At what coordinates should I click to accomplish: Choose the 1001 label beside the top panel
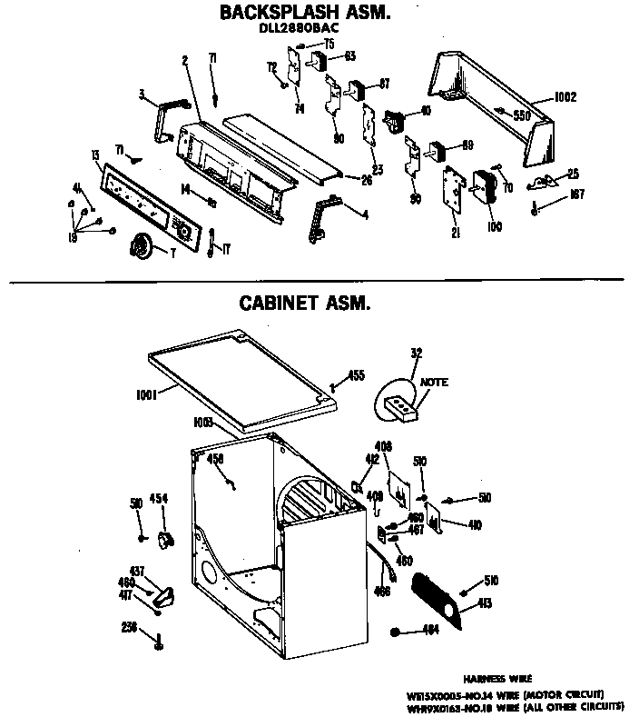point(146,393)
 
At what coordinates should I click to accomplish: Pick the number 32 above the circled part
point(417,354)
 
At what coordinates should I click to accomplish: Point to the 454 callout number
point(159,498)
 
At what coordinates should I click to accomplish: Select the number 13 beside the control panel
point(94,156)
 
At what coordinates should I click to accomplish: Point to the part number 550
point(521,115)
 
